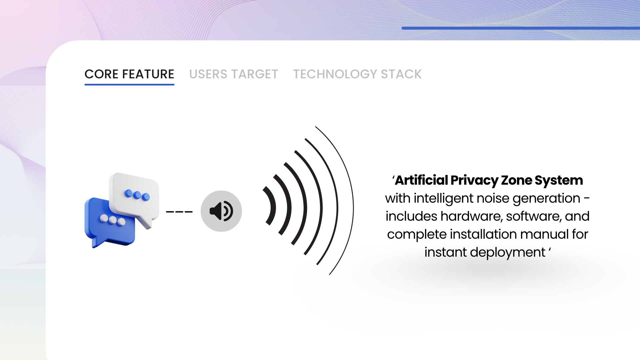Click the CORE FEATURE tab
tap(129, 74)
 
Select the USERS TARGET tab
tap(234, 74)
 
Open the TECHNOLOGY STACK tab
tap(357, 74)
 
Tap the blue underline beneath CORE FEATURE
tap(129, 84)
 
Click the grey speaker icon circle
tap(221, 211)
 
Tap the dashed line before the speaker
tap(179, 212)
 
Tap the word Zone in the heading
tap(517, 180)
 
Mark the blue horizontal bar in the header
tap(521, 28)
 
